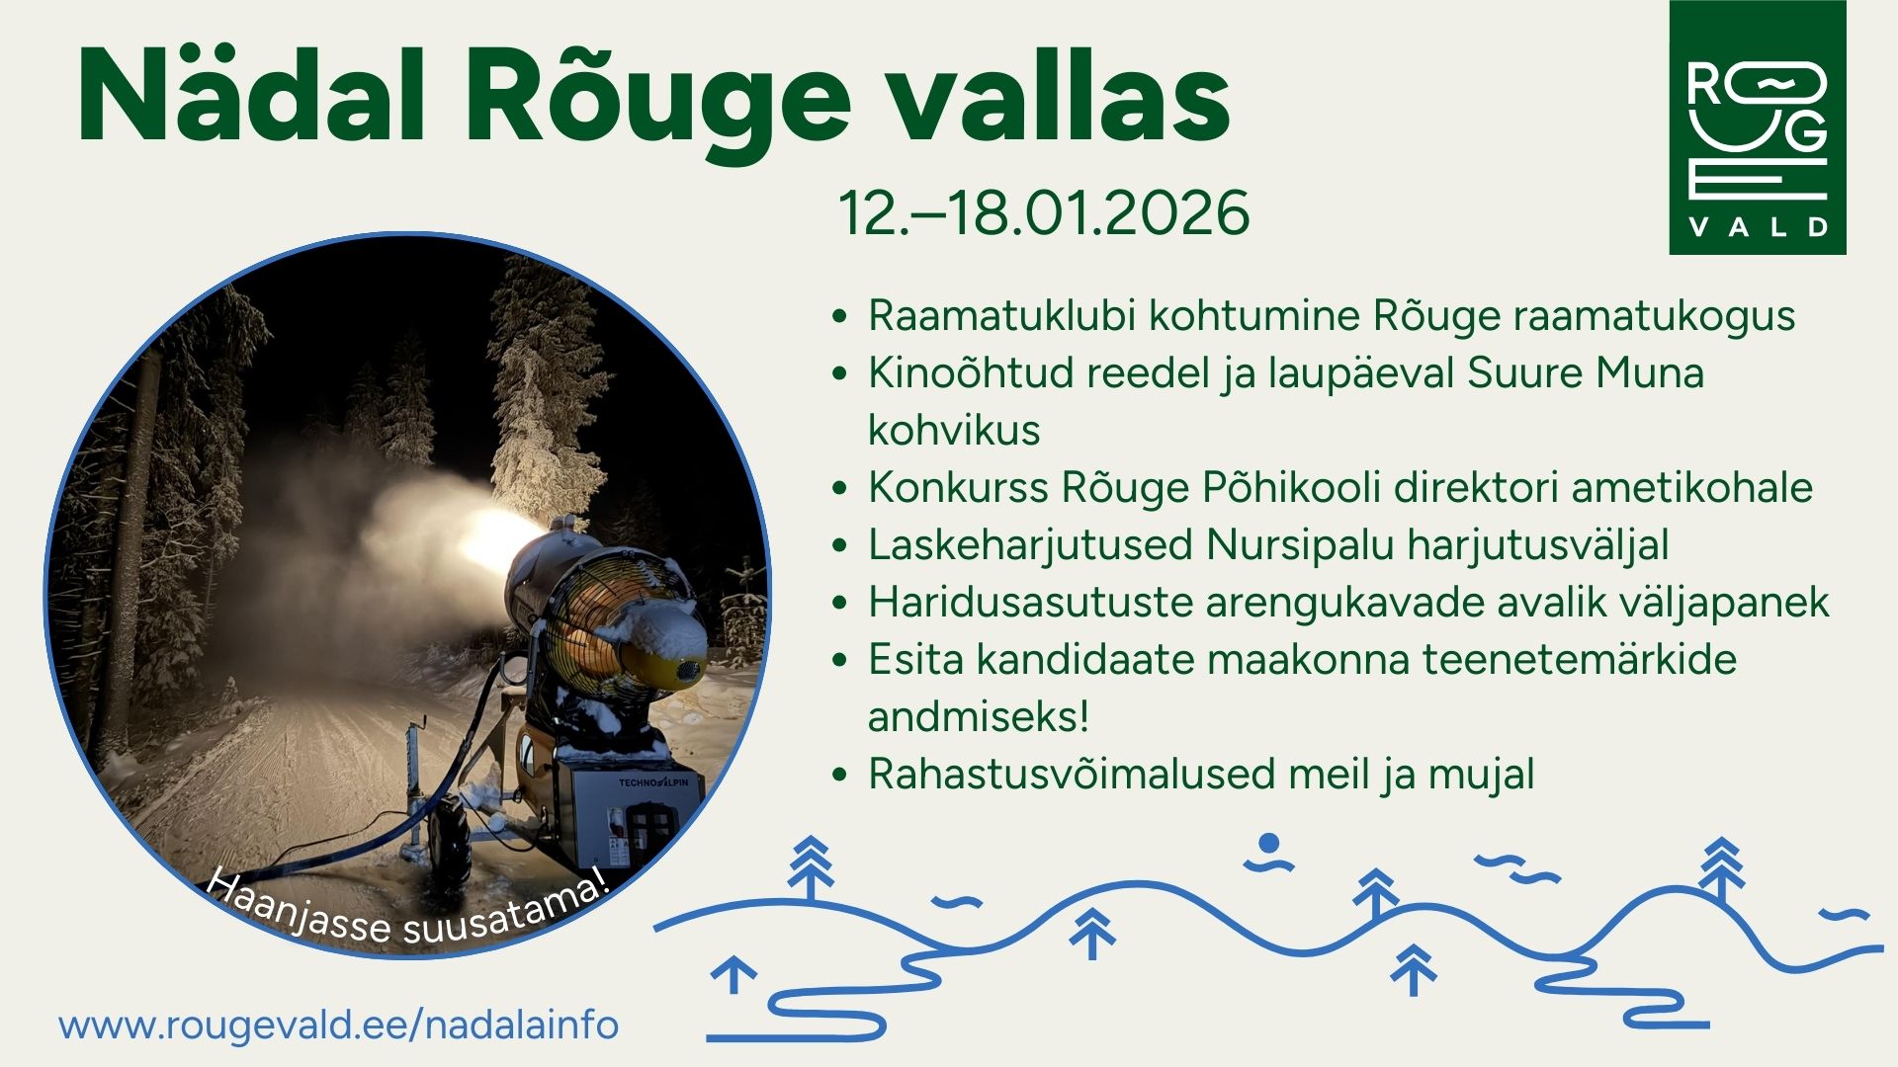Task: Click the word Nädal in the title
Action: coord(251,96)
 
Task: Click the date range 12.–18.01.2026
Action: coord(1044,212)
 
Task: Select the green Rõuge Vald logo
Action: coord(1757,127)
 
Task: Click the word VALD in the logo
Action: coord(1759,227)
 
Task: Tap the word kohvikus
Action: coord(954,430)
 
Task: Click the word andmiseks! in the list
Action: coord(978,716)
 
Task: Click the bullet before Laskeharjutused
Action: coord(840,546)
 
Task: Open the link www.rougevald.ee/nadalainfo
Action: coord(339,1025)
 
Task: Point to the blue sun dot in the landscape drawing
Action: coord(1269,844)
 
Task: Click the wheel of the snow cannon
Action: coord(451,839)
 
